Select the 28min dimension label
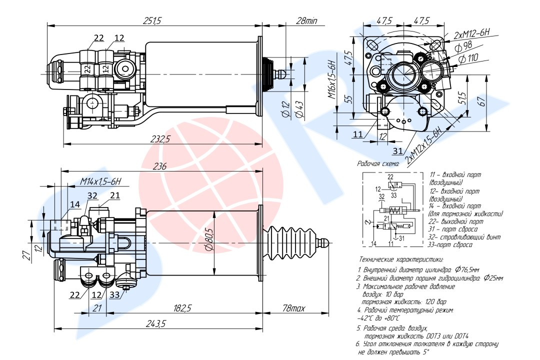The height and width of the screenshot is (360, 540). tap(306, 20)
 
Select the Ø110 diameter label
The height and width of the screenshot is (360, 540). tap(467, 58)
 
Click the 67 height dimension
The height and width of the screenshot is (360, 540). tap(482, 102)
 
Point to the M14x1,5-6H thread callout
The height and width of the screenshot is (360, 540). tap(101, 182)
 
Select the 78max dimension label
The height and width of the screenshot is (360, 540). tap(293, 308)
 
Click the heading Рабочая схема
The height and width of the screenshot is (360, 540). tap(378, 163)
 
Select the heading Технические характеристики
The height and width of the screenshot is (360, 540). tap(401, 260)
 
